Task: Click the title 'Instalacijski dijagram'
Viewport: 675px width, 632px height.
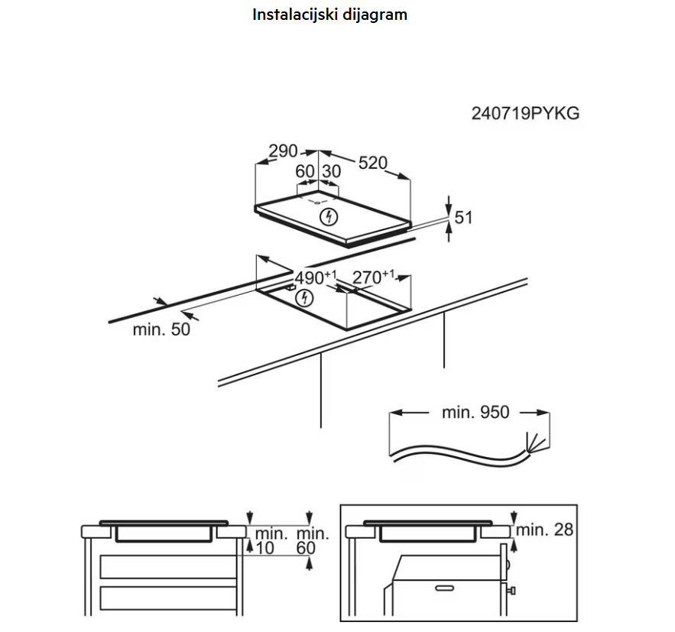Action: coord(329,15)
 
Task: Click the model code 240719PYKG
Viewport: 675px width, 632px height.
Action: coord(525,114)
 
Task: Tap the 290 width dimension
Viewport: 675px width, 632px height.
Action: coord(283,151)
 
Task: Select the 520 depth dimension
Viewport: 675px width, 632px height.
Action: coord(373,163)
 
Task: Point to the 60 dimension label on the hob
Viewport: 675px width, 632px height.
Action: coord(305,171)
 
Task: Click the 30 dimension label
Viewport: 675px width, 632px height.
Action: coord(332,171)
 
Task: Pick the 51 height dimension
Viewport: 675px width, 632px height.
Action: coord(463,217)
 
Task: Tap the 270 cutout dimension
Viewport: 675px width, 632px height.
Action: coord(373,277)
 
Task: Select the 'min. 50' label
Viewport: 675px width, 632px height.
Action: coord(161,329)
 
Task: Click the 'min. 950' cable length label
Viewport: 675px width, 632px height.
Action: coord(475,412)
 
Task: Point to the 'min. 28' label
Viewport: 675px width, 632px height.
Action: coord(544,530)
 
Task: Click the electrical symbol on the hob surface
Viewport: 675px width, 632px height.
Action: coord(329,217)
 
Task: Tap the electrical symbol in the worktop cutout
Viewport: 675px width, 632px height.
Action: coord(304,298)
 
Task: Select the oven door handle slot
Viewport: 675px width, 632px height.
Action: coord(444,588)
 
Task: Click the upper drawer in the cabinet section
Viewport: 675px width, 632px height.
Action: coord(168,566)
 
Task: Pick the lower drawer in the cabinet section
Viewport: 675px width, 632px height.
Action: coord(168,598)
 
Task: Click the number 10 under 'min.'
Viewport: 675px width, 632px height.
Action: coord(264,548)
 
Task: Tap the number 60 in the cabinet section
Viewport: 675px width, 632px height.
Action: coord(306,548)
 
